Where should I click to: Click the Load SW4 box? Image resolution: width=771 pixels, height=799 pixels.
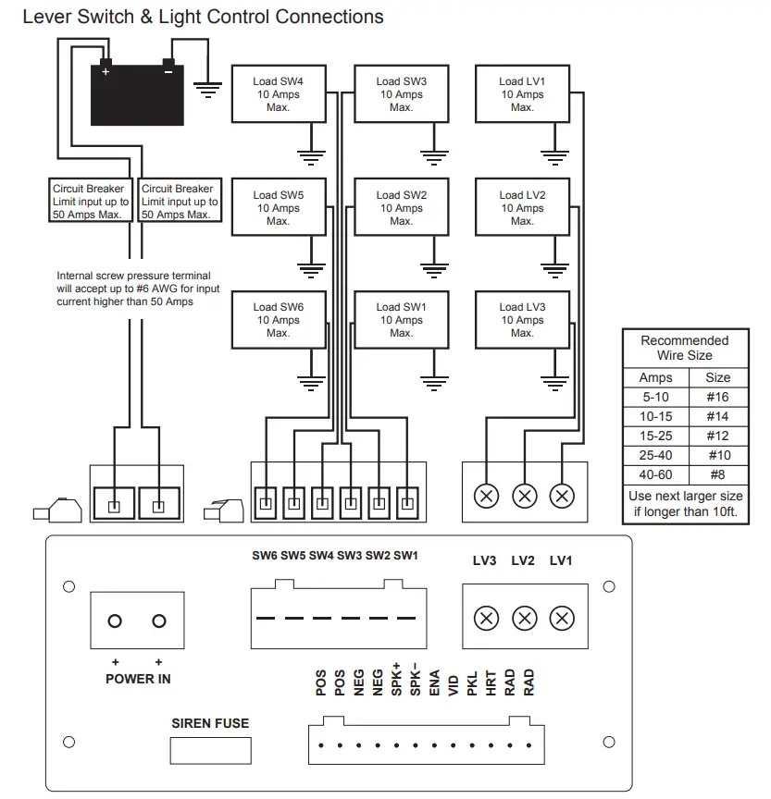coord(278,94)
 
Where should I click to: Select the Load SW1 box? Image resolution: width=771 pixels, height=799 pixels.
coord(401,320)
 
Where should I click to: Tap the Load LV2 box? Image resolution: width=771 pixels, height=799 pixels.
coord(522,208)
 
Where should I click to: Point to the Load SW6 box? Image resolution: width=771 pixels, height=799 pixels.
coord(278,320)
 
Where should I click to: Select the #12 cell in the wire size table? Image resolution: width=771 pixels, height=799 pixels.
coord(717,436)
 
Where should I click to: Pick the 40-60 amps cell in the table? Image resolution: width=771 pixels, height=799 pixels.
coord(655,474)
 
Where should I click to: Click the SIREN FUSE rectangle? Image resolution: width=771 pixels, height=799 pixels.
coord(211,749)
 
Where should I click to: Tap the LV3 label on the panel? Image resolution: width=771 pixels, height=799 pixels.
coord(484,560)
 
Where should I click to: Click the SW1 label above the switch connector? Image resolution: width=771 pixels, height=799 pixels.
coord(406,556)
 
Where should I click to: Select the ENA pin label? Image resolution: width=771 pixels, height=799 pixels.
coord(434,683)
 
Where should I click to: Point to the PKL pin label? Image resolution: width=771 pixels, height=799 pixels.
coord(472,683)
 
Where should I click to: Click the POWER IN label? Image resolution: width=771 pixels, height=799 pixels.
coord(138,679)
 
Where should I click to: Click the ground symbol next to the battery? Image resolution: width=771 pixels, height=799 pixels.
coord(207,91)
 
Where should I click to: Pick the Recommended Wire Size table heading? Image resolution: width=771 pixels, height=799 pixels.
coord(685,348)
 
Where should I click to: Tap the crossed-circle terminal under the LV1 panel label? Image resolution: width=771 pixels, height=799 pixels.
coord(561,619)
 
